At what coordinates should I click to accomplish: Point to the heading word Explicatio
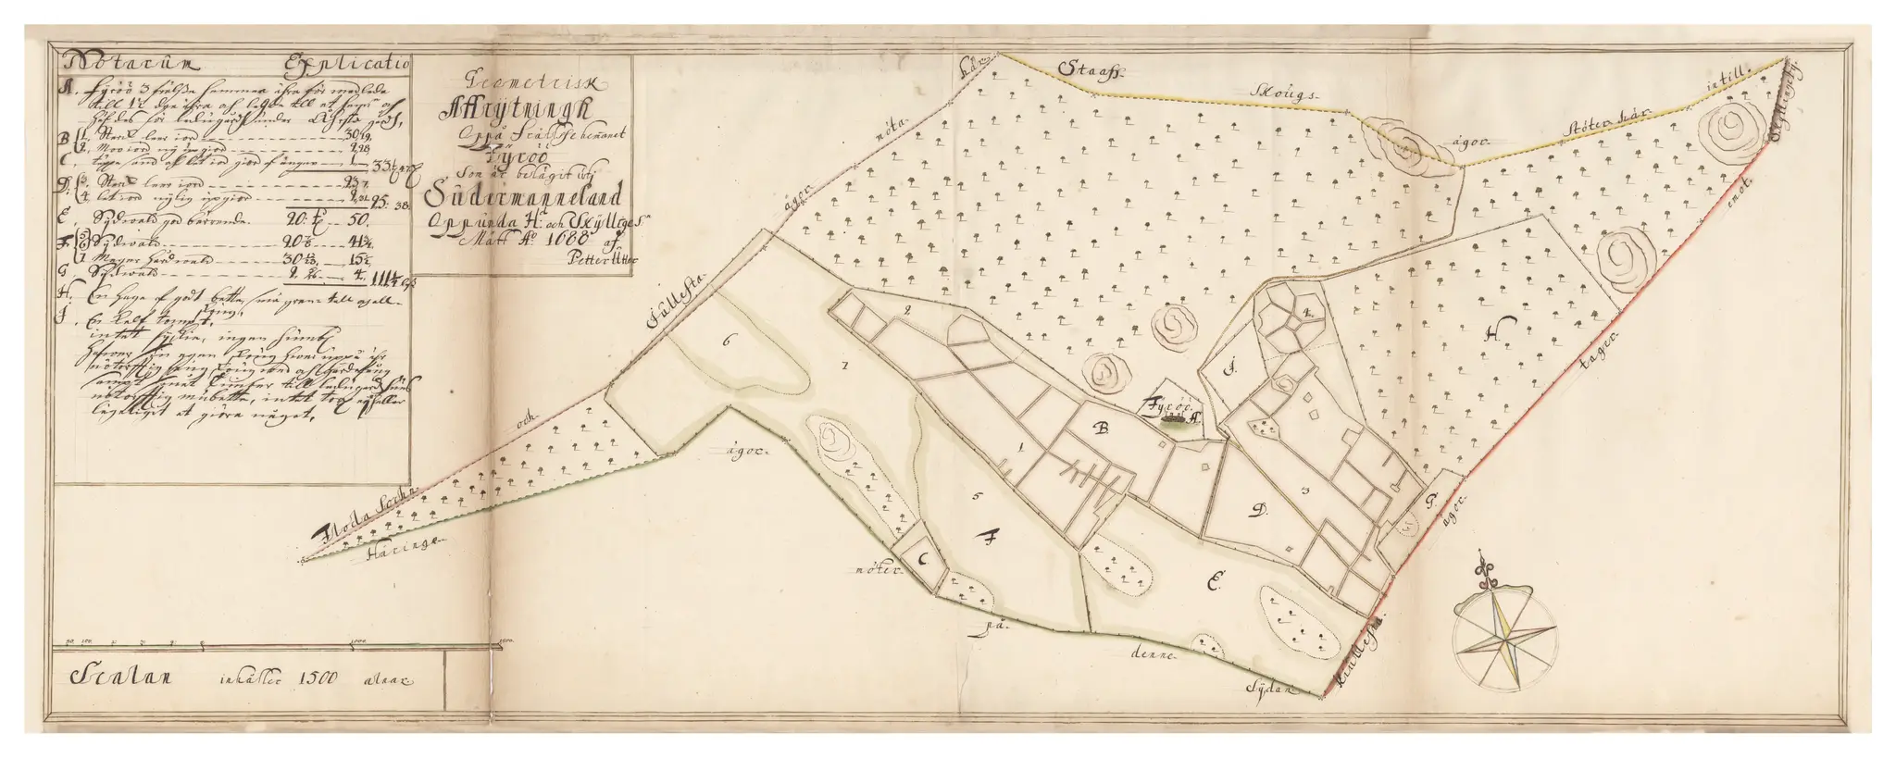(x=358, y=66)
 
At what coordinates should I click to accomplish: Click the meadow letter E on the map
(x=1216, y=580)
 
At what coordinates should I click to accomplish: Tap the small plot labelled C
(x=924, y=559)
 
